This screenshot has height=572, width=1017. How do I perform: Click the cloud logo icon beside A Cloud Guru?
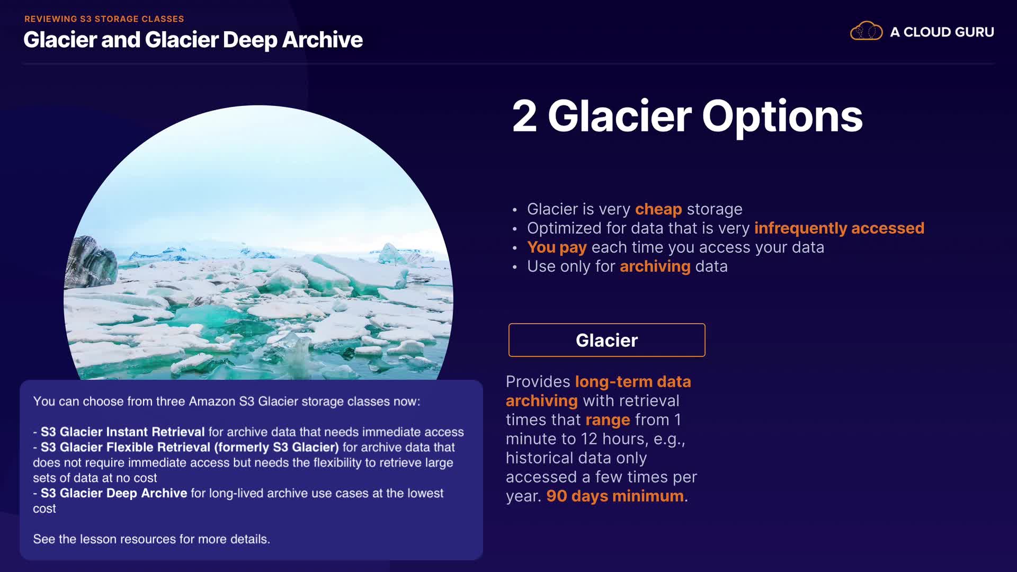[866, 31]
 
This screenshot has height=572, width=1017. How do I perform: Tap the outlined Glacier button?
[606, 340]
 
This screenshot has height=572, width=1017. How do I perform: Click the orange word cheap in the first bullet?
[658, 209]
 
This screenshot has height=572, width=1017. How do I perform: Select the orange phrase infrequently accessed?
[839, 228]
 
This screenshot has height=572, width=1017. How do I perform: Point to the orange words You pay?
[557, 247]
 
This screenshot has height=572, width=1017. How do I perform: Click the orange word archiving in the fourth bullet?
[655, 266]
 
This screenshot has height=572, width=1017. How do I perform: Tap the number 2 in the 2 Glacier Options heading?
[524, 117]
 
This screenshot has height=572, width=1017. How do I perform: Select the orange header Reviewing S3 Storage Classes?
[104, 19]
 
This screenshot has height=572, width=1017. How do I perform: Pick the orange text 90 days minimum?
[615, 496]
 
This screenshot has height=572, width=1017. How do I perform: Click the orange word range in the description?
[608, 420]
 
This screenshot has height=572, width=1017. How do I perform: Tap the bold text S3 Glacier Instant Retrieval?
[123, 432]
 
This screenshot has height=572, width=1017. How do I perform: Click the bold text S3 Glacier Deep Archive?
[114, 494]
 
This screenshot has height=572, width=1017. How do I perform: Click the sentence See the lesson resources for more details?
[151, 539]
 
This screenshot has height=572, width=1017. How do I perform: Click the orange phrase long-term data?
[633, 382]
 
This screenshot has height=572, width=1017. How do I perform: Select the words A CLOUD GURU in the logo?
[942, 32]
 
